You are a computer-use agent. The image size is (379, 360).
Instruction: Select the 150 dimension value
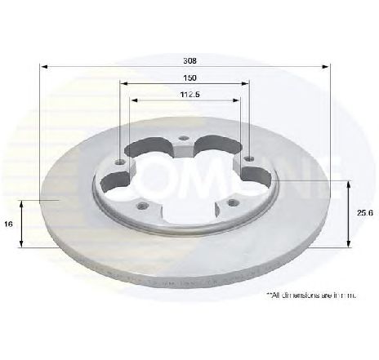[189, 78]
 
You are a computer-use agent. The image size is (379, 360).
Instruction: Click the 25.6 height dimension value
[360, 212]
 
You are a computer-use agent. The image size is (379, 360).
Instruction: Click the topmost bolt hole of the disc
[185, 139]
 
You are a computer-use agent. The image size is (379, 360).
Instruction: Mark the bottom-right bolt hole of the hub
[231, 202]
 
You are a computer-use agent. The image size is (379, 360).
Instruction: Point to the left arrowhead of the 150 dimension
[124, 83]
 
